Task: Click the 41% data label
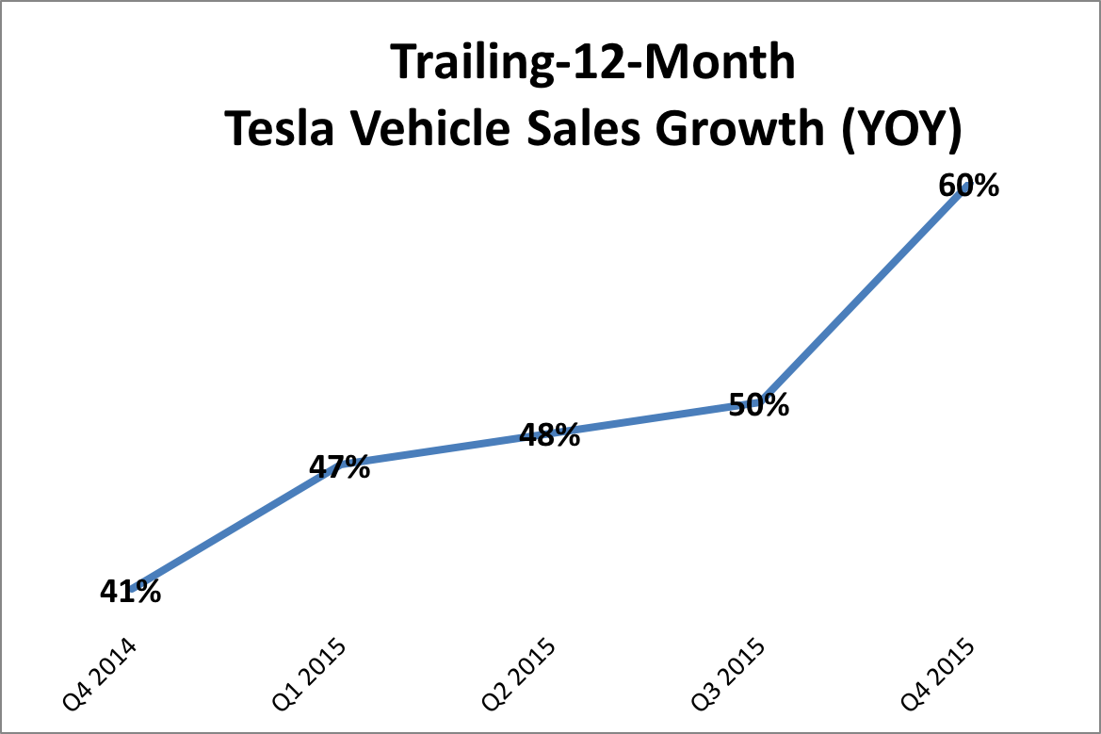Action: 130,592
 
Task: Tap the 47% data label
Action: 339,467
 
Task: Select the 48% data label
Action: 549,435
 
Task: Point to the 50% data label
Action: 759,406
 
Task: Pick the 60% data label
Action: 968,186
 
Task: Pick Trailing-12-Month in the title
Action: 592,64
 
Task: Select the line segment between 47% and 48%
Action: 443,449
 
